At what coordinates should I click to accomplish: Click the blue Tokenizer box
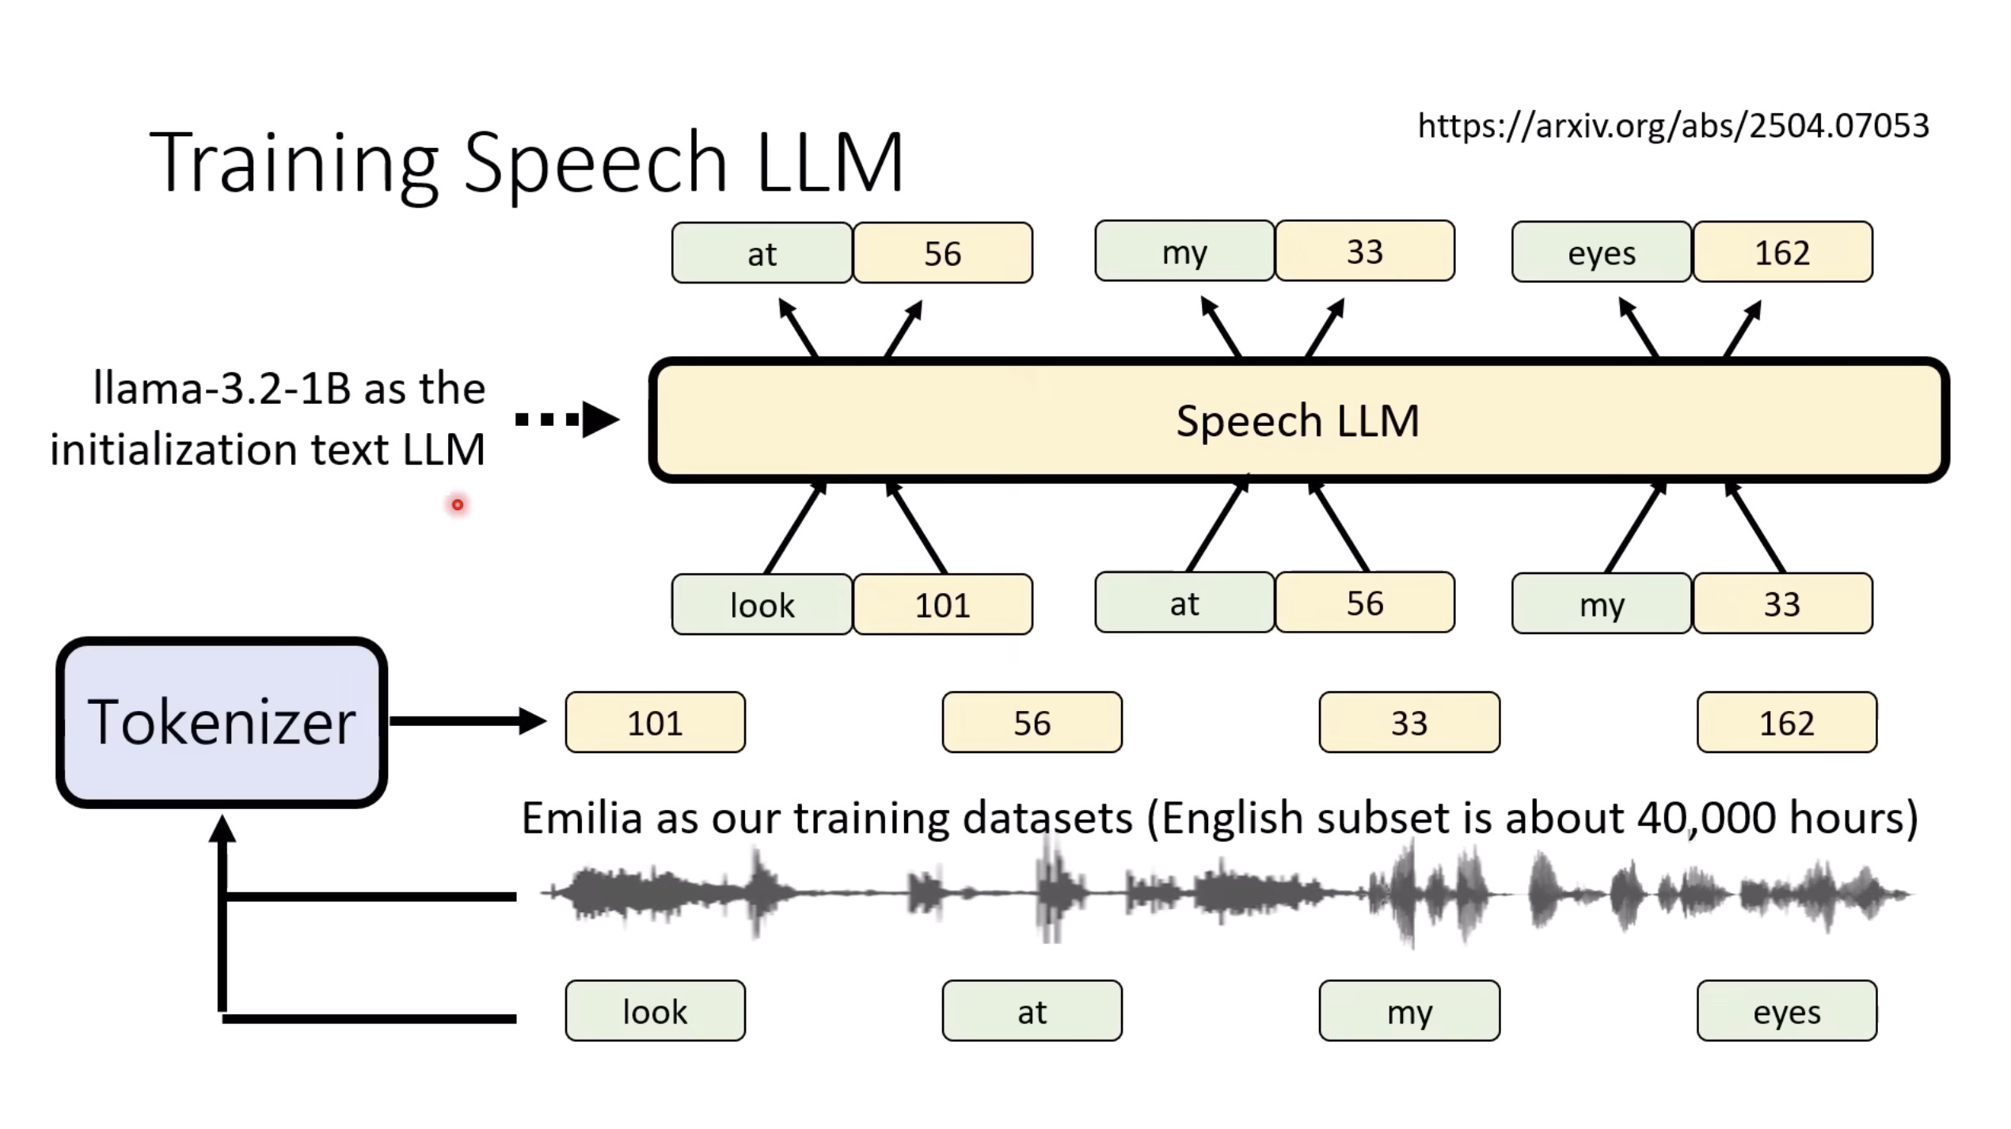[222, 722]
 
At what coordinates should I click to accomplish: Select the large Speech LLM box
[1298, 420]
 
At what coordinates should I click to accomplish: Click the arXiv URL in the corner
[1673, 126]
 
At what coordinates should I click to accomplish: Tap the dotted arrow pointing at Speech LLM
[567, 420]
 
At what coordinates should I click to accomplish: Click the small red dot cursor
[458, 504]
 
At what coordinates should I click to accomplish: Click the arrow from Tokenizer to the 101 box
[467, 720]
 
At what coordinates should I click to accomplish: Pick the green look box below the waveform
[655, 1011]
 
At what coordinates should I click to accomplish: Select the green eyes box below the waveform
[1786, 1011]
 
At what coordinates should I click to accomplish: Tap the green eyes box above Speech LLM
[1601, 253]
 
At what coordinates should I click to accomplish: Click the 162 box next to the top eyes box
[1782, 253]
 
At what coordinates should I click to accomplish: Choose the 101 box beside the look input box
[942, 605]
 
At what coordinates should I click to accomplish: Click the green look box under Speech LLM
[762, 605]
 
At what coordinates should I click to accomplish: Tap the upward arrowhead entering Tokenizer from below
[222, 830]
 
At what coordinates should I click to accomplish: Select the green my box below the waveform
[1409, 1011]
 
